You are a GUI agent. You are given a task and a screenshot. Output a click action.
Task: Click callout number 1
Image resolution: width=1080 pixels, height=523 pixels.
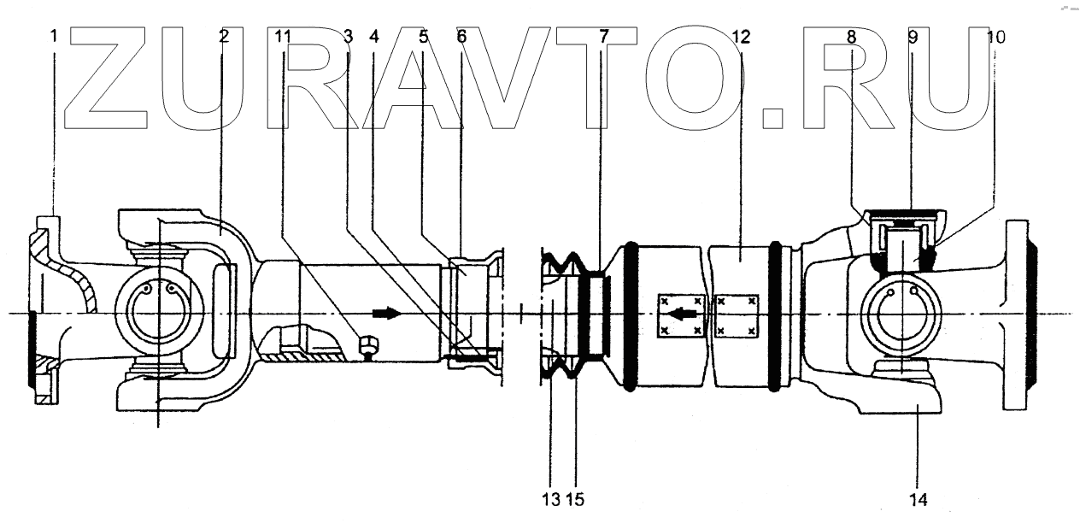point(53,37)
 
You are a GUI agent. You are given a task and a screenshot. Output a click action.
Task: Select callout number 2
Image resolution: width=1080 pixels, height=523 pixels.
point(223,37)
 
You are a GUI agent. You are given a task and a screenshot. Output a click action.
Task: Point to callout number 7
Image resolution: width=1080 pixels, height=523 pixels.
point(604,37)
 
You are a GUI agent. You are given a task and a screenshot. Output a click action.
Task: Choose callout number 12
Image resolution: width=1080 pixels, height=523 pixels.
point(741,37)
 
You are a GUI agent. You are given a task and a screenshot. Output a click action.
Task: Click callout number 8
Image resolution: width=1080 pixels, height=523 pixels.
point(852,37)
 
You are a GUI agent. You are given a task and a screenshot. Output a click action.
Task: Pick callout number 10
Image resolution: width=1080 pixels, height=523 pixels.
point(995,37)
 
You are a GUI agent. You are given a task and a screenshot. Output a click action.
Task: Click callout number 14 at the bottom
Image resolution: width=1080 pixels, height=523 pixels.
point(919,497)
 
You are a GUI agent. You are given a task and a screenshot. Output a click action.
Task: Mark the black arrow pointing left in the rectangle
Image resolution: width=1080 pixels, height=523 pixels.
point(681,314)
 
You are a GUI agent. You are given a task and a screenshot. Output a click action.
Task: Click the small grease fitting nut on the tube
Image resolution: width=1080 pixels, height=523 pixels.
point(367,345)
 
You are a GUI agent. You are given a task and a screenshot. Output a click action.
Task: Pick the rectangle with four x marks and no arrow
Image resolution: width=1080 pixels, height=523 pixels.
point(736,314)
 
